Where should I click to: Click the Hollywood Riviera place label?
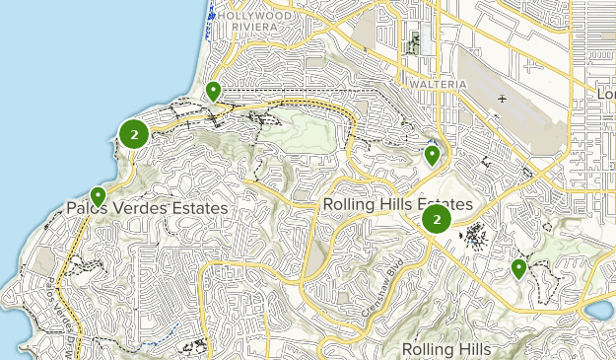tap(253, 22)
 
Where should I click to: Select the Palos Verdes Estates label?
tap(148, 208)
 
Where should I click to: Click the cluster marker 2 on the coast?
tap(134, 133)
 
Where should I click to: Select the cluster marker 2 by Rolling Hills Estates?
tap(437, 219)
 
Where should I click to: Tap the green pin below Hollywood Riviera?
tap(213, 92)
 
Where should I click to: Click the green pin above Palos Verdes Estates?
tap(98, 195)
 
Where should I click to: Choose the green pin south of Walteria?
tap(432, 155)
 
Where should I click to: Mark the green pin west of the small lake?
tap(518, 268)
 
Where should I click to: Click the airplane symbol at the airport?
tap(504, 99)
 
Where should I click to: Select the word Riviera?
tap(253, 28)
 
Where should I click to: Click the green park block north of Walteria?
tap(413, 43)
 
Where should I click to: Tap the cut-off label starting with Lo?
tap(606, 93)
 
